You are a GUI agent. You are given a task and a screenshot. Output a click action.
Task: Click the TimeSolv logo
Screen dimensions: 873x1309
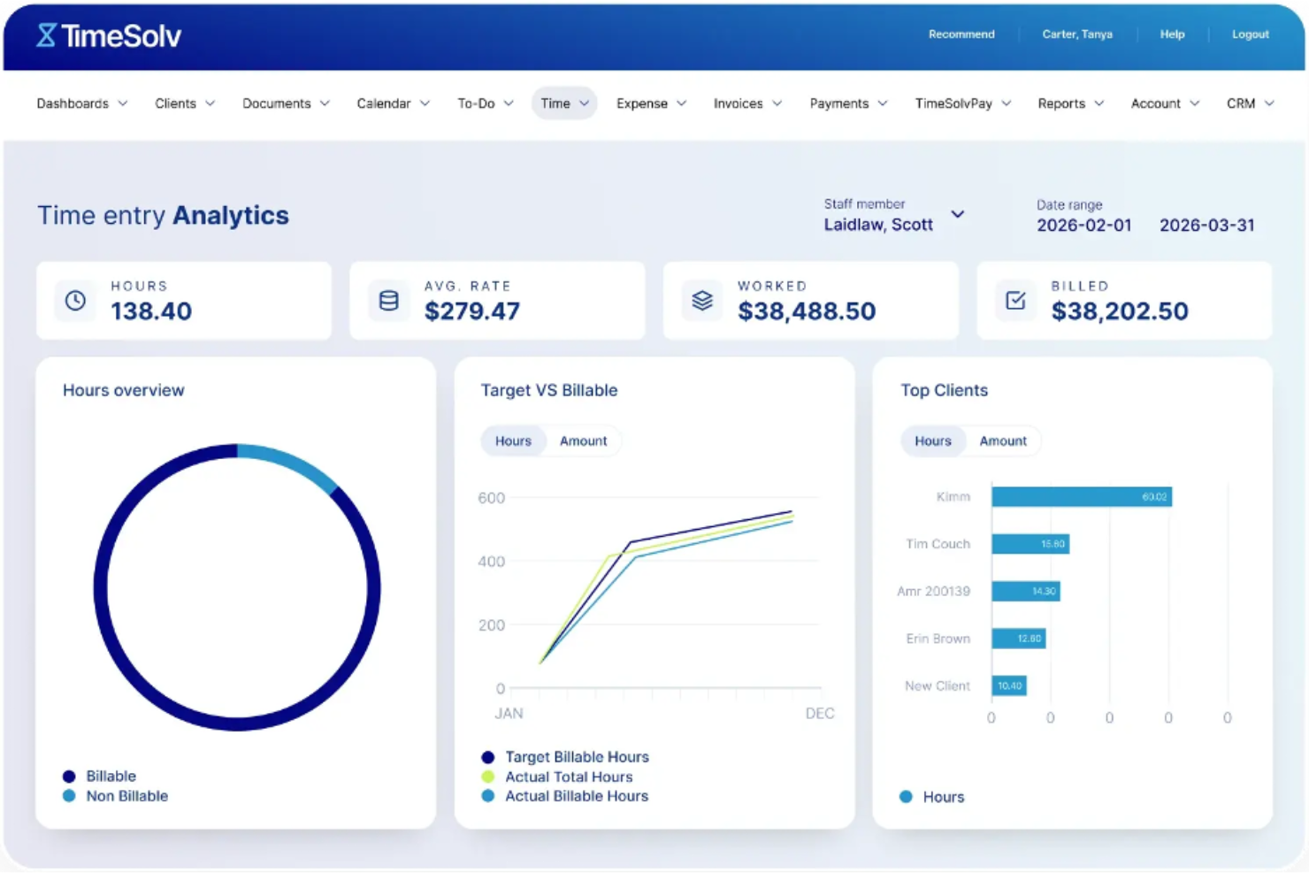[x=109, y=35]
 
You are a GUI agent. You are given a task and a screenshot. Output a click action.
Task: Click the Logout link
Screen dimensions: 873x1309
[x=1250, y=34]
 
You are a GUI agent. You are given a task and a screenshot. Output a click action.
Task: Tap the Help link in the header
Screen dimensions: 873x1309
[x=1172, y=34]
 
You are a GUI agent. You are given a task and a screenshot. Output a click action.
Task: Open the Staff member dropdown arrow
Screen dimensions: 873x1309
[x=957, y=215]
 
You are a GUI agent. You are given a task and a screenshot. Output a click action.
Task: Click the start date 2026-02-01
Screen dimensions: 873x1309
[x=1083, y=226]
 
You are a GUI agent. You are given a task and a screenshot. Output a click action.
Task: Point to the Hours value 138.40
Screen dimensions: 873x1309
[x=151, y=311]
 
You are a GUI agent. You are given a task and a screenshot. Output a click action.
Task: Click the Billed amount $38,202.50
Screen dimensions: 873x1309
[x=1119, y=311]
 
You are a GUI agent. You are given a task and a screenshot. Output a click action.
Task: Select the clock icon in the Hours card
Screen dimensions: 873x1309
[x=76, y=301]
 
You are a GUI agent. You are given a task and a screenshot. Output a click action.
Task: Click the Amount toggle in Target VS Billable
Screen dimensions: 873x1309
[x=583, y=441]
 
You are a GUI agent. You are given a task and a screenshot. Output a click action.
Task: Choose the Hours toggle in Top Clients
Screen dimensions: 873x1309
[x=932, y=441]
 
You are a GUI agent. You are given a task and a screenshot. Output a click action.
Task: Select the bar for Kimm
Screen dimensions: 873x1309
[x=1081, y=497]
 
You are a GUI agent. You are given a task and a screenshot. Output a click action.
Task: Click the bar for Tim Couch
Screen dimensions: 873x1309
[x=1030, y=544]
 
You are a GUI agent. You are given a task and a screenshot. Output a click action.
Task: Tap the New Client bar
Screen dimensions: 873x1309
[x=1008, y=685]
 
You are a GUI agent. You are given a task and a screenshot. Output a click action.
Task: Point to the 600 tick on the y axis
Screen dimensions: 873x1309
[x=491, y=498]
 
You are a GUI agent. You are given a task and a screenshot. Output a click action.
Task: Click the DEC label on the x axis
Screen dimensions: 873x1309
[x=819, y=714]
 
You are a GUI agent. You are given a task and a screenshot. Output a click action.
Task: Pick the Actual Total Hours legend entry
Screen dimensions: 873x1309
[x=568, y=777]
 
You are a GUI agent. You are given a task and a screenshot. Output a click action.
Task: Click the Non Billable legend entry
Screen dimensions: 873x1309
[x=126, y=796]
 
